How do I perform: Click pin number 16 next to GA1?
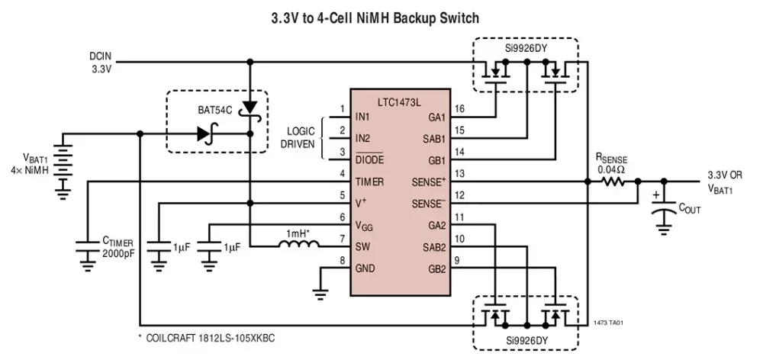458,109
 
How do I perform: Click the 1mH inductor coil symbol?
298,246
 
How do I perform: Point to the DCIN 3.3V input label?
101,63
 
